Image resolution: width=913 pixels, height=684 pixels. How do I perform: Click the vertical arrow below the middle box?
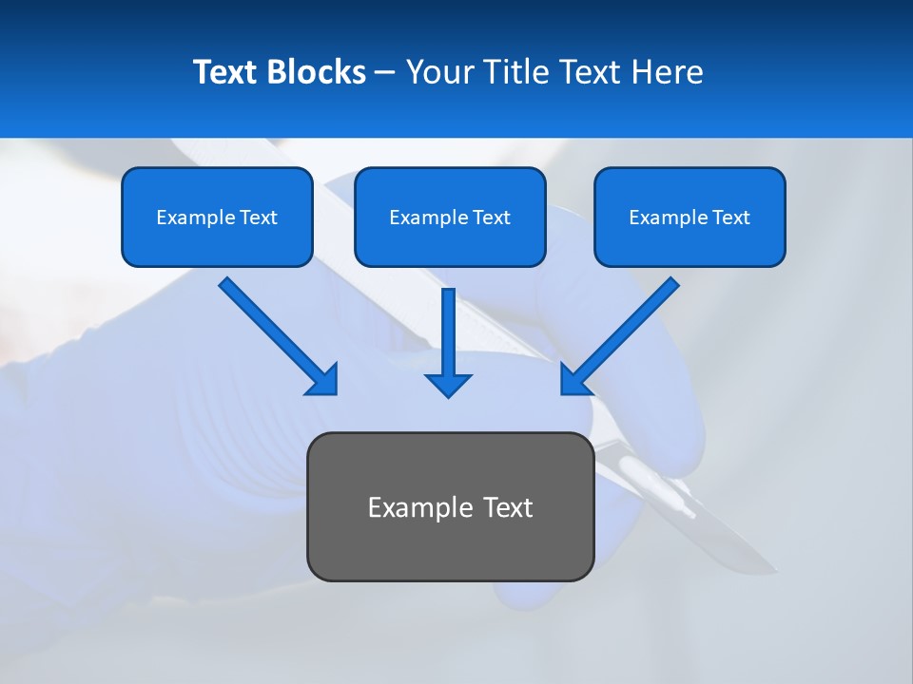point(449,332)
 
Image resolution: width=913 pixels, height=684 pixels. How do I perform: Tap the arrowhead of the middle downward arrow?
point(449,384)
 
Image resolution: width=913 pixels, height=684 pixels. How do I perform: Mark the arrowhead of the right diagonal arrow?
point(575,379)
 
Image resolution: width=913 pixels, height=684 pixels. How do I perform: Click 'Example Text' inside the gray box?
point(450,507)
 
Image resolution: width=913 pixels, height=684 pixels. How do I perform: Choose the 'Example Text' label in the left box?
point(217,218)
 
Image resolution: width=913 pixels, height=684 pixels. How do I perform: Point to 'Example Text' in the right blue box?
point(690,218)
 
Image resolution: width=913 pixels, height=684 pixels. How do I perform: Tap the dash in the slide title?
point(385,73)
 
